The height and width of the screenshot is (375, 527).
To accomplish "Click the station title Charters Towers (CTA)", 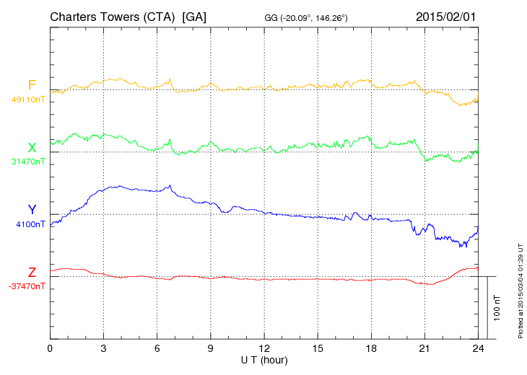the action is [113, 17].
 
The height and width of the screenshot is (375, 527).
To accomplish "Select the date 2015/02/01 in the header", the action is [445, 17].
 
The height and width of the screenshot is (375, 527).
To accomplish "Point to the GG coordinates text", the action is [306, 18].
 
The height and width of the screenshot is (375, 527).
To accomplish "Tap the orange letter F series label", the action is [32, 85].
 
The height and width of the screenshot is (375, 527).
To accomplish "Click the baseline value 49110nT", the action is [28, 100].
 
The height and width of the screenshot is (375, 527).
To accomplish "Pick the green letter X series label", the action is [32, 148].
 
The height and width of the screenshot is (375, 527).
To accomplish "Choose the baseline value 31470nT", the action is [28, 162].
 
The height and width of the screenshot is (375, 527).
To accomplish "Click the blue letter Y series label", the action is [32, 209].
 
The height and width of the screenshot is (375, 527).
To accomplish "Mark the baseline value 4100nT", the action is [30, 224].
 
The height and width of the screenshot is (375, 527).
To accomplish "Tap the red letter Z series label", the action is [32, 273].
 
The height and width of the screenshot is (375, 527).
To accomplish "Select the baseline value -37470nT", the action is [27, 286].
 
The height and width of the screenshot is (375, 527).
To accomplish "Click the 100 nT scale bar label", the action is [497, 308].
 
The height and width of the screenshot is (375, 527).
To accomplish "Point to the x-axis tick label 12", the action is [264, 348].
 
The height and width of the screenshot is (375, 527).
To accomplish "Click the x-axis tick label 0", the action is [50, 348].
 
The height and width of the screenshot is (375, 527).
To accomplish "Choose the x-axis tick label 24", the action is [478, 348].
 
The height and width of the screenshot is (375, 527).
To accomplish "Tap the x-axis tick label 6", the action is [157, 348].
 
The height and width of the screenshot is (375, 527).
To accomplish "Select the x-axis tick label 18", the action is [371, 348].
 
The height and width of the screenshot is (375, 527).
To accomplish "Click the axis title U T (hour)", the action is [264, 361].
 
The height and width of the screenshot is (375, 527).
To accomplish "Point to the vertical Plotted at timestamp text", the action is [521, 291].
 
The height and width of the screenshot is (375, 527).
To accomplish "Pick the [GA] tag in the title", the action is [194, 17].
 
